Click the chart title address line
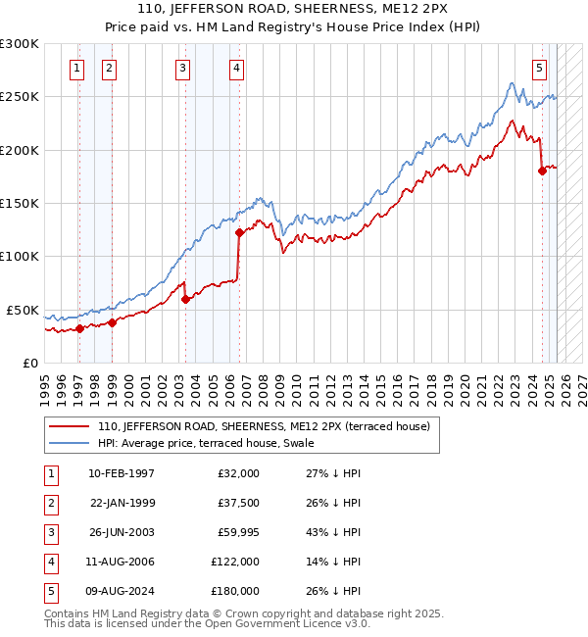[294, 12]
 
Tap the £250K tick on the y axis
[20, 97]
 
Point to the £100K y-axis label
[20, 256]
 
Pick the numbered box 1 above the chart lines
[76, 68]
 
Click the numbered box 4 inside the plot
[237, 68]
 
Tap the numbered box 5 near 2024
[540, 68]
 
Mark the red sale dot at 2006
[238, 233]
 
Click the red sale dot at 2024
[542, 171]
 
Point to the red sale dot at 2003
[186, 299]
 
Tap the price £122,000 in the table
[235, 562]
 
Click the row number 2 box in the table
[50, 503]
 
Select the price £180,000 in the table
[235, 591]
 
